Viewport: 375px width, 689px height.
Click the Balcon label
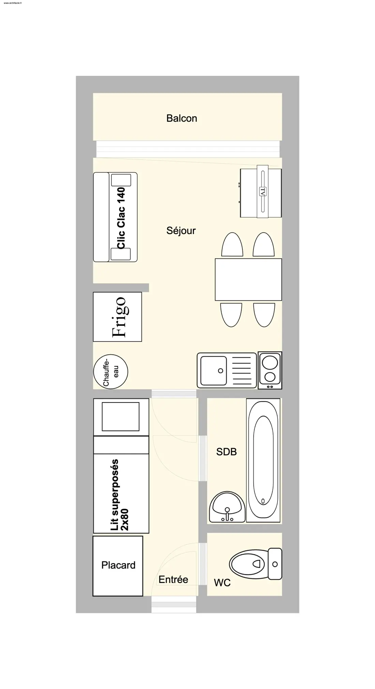[x=181, y=118]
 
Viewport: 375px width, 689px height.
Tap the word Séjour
[x=181, y=231]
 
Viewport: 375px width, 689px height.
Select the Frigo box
[x=117, y=317]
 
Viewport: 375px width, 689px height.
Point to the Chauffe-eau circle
[x=111, y=372]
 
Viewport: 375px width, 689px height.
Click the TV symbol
[x=262, y=191]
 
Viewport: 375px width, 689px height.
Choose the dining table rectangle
[x=248, y=279]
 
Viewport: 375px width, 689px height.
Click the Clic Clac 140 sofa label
[x=121, y=218]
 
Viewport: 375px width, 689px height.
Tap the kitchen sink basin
[x=213, y=370]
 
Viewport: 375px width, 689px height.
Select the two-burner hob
[x=270, y=370]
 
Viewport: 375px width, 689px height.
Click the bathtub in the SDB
[x=263, y=460]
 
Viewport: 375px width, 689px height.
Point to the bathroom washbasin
[x=227, y=507]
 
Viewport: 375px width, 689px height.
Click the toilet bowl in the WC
[x=247, y=564]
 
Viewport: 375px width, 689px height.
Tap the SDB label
[x=226, y=452]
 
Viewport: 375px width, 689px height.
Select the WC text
[x=222, y=583]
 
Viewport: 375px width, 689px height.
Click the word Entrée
[x=173, y=580]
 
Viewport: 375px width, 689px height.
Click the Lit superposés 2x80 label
[x=119, y=495]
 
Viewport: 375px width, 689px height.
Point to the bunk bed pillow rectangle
[x=121, y=416]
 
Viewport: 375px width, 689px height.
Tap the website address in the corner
[x=13, y=3]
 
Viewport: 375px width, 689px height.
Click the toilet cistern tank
[x=275, y=564]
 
